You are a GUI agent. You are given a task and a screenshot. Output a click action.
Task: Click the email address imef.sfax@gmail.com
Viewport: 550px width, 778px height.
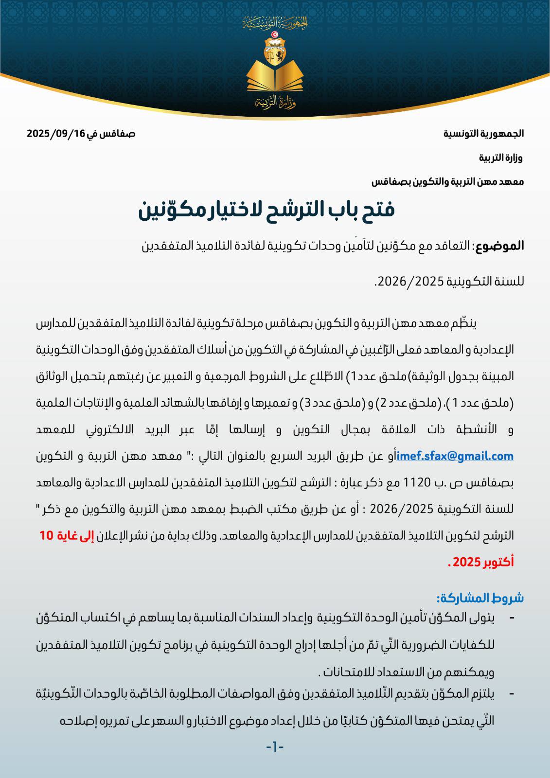point(455,456)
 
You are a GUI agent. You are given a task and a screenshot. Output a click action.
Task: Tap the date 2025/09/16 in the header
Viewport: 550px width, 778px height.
point(55,134)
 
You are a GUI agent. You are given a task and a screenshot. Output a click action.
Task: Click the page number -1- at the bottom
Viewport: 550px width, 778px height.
point(275,747)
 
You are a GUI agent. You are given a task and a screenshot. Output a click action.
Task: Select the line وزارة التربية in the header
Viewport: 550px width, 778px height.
point(500,158)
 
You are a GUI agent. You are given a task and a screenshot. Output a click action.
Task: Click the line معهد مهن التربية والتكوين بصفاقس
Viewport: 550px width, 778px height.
point(447,182)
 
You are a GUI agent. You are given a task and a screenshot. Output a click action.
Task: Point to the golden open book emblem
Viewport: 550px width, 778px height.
point(275,75)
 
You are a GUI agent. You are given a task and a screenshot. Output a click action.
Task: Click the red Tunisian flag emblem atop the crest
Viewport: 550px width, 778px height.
point(275,35)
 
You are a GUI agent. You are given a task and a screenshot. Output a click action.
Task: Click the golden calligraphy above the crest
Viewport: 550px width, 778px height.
point(275,22)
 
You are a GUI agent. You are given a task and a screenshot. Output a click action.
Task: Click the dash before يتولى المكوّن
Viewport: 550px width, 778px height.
point(511,618)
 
